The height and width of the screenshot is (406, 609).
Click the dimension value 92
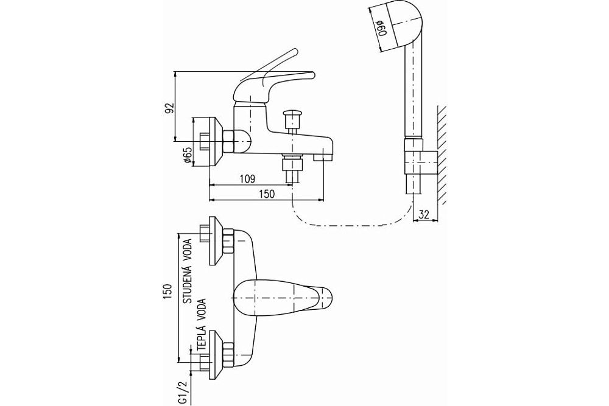point(170,108)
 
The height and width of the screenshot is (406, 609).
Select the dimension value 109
point(247,178)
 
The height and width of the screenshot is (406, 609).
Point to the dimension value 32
point(425,214)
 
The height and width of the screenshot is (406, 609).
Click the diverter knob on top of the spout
point(293,116)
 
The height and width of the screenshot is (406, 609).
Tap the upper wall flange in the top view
point(214,241)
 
